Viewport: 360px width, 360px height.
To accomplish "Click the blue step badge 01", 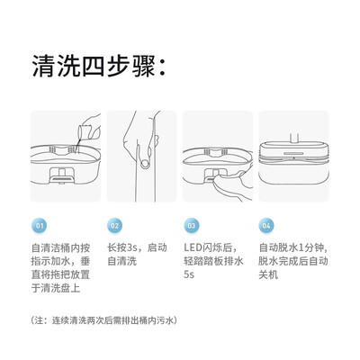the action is pyautogui.click(x=40, y=226).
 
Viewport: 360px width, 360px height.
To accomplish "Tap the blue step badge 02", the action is pyautogui.click(x=114, y=226).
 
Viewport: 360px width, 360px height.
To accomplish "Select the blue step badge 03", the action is pyautogui.click(x=191, y=226).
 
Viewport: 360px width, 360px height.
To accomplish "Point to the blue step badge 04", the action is pyautogui.click(x=266, y=226).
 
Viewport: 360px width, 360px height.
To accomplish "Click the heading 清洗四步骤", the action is pyautogui.click(x=98, y=66).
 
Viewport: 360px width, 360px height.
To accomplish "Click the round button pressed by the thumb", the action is pyautogui.click(x=146, y=164).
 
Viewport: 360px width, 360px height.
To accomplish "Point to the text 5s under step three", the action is pyautogui.click(x=189, y=274).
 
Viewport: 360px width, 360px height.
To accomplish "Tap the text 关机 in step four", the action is pyautogui.click(x=268, y=274).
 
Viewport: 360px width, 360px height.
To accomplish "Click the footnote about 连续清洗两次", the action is pyautogui.click(x=104, y=320).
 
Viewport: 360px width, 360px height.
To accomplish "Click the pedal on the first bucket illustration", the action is pyautogui.click(x=61, y=178).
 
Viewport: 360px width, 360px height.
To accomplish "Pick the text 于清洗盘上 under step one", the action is pyautogui.click(x=56, y=288).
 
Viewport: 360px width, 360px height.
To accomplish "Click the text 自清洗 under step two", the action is pyautogui.click(x=122, y=261).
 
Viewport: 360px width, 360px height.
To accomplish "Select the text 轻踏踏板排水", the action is pyautogui.click(x=213, y=261).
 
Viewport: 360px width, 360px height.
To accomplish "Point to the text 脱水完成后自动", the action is pyautogui.click(x=293, y=261).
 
